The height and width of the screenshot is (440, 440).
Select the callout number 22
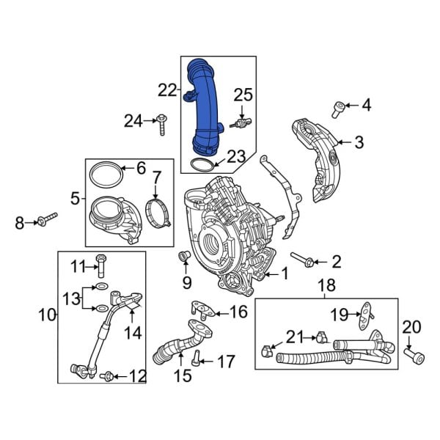click(x=167, y=90)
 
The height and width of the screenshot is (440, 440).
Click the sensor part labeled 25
click(x=241, y=122)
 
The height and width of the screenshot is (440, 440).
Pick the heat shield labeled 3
click(x=319, y=158)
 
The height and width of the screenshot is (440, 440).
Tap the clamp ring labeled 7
click(x=155, y=209)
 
